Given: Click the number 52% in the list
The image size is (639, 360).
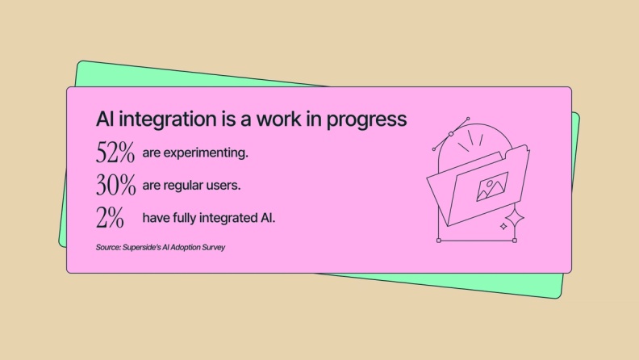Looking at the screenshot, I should click(x=115, y=153).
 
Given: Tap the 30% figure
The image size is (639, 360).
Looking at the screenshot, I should click(x=115, y=186).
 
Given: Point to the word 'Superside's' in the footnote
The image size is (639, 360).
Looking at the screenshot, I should click(x=142, y=247).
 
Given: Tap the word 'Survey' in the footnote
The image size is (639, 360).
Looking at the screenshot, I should click(x=211, y=247).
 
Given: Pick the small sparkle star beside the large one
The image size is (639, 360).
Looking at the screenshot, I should click(x=503, y=228).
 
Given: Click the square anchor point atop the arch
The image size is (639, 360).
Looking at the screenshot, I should click(x=451, y=133).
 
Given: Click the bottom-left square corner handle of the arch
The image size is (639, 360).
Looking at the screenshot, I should click(x=438, y=240).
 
